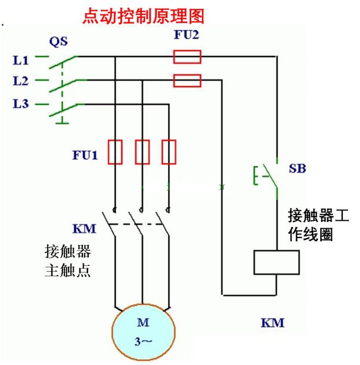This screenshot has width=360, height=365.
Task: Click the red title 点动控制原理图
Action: [x=143, y=16]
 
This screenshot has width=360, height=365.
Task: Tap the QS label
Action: [x=58, y=41]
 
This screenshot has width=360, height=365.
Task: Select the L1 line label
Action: [x=21, y=59]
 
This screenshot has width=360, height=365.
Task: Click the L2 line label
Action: [x=21, y=81]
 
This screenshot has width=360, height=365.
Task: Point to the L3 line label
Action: [x=21, y=104]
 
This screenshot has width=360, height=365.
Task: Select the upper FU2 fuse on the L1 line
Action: [x=187, y=57]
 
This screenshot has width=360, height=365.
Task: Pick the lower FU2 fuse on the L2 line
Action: [x=187, y=80]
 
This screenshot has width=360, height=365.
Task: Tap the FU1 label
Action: [x=85, y=155]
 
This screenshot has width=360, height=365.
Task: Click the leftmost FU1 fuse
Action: [x=115, y=152]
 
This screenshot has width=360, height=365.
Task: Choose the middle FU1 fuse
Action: [x=142, y=152]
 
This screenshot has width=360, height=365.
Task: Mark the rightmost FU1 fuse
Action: [x=169, y=152]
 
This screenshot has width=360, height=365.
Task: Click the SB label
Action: [x=297, y=169]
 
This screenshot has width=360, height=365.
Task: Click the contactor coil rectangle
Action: [x=276, y=262]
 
